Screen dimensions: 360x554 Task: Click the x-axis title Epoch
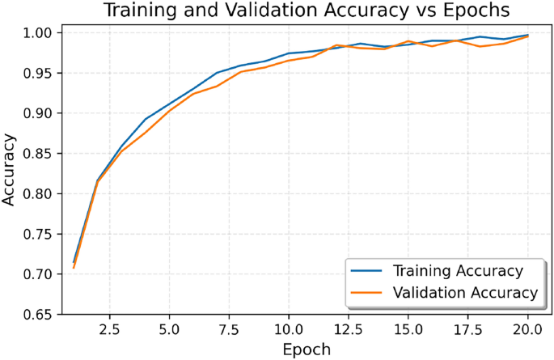coord(307,349)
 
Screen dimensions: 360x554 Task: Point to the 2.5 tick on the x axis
coord(109,330)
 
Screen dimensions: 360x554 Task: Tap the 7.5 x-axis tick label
coord(229,330)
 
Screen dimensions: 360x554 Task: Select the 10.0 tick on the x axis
coord(289,330)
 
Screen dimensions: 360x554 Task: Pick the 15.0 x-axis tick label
coord(408,330)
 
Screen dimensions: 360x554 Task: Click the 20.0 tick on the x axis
coord(528,330)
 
